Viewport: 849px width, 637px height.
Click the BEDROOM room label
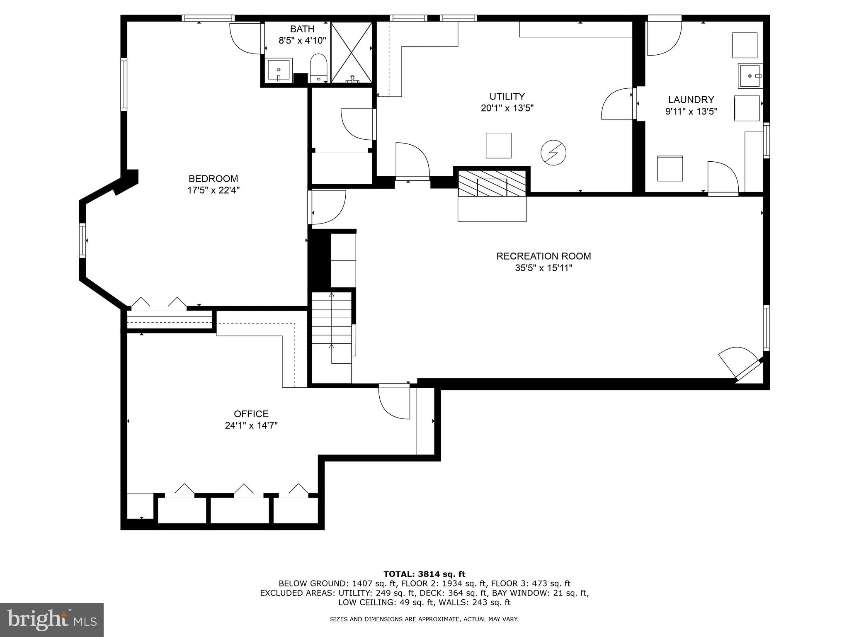[x=213, y=179]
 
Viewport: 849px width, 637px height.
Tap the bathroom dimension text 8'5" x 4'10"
[x=302, y=41]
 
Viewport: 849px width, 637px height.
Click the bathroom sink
[x=278, y=71]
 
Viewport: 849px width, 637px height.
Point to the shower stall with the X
[x=352, y=52]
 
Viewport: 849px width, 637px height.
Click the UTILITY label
[x=507, y=97]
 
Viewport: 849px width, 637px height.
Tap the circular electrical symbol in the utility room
[x=553, y=153]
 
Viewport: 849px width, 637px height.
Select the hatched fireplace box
[x=492, y=182]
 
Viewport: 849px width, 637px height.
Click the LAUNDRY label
[x=691, y=100]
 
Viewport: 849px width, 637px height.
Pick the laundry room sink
[x=750, y=76]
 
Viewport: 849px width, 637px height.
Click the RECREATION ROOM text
[x=543, y=256]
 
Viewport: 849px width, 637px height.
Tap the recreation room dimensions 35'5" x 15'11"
[x=543, y=268]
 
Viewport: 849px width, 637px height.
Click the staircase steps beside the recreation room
[x=332, y=328]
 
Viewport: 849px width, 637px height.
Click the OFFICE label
[x=251, y=414]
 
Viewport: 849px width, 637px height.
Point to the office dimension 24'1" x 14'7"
[x=251, y=425]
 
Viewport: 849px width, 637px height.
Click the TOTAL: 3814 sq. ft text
[x=424, y=574]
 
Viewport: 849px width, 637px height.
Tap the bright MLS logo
[x=52, y=620]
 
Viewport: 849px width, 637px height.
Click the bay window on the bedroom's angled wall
[x=82, y=241]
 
